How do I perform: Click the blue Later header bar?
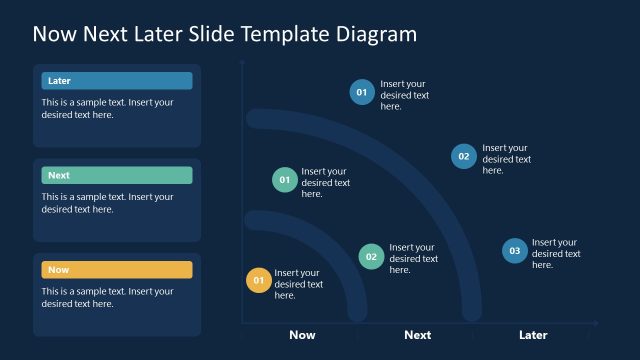coord(117,81)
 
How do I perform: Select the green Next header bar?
coord(117,175)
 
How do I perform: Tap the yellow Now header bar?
coord(117,270)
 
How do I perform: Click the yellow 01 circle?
coord(258,281)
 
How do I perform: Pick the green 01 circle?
coord(284,180)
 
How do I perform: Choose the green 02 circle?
coord(371,256)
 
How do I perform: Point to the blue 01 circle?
coord(361,92)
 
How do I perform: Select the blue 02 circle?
coord(463,156)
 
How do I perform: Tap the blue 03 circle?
coord(514,251)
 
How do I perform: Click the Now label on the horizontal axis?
coord(302,335)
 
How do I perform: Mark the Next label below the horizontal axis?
coord(417,335)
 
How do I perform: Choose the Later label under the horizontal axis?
coord(533,335)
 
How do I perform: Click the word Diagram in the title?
coord(373,34)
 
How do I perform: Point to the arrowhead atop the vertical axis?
coord(242,62)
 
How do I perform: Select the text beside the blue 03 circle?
coord(556,253)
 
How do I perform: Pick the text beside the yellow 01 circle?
coord(298,284)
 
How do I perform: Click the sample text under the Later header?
coord(108,108)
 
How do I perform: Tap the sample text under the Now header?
coord(108,297)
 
